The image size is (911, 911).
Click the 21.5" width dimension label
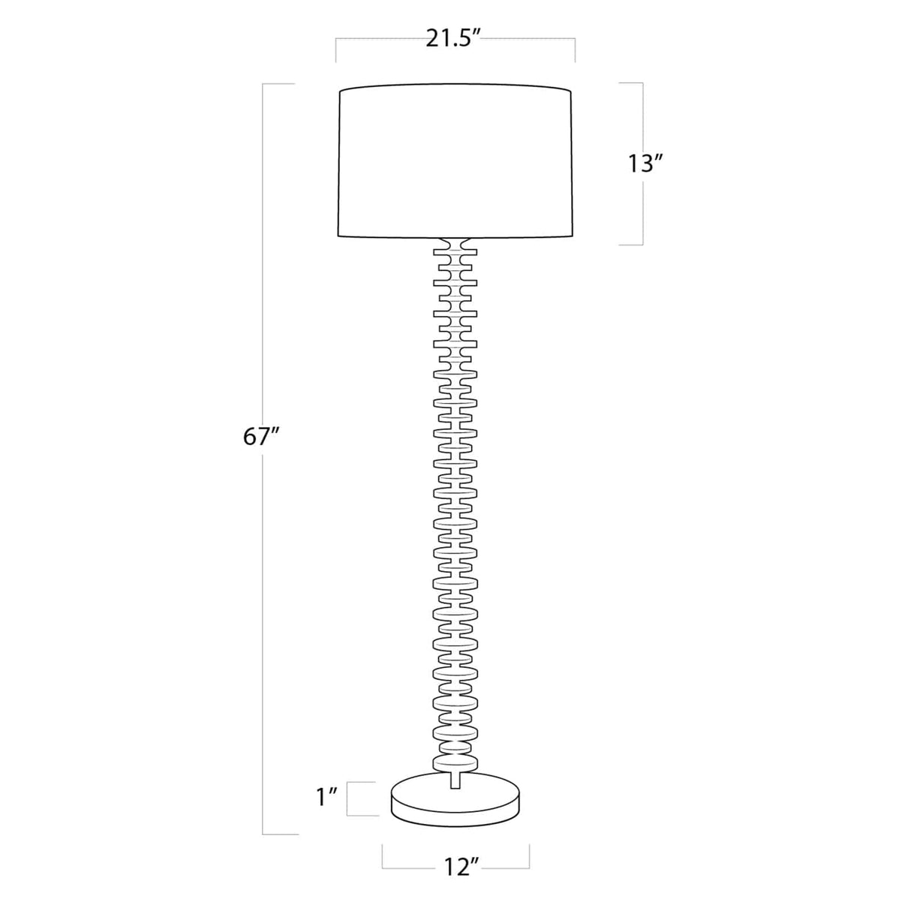coord(452,39)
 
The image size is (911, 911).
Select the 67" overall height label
coord(261,437)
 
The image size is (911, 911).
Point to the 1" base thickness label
coord(327,797)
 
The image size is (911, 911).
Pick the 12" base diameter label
coord(459,867)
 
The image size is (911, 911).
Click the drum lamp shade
coord(455,162)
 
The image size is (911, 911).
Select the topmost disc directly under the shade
coord(455,245)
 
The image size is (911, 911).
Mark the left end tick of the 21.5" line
coord(335,50)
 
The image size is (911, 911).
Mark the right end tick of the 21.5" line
coord(575,50)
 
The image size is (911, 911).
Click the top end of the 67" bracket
coord(278,84)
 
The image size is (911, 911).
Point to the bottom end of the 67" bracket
coord(279,834)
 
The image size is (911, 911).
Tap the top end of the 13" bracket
coord(632,83)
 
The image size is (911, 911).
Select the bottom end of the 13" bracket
coord(632,244)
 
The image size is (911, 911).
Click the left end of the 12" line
coord(383,856)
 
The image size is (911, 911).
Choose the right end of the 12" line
coord(529,856)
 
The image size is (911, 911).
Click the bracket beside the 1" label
coord(360,798)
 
